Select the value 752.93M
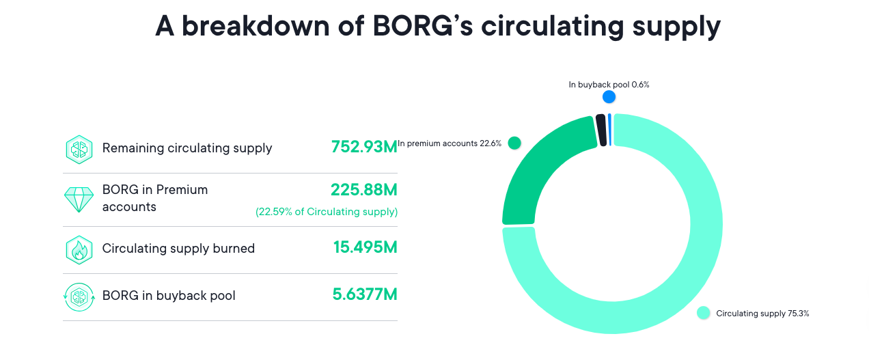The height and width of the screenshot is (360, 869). (363, 147)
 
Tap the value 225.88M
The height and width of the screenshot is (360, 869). (363, 189)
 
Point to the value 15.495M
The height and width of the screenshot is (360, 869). (365, 247)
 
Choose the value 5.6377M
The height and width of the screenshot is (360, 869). (364, 295)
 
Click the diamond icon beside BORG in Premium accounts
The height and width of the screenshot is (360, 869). (79, 198)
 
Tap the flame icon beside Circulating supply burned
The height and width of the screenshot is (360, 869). (79, 249)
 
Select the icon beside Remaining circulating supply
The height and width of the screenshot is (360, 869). (79, 148)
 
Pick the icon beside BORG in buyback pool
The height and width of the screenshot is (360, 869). (79, 296)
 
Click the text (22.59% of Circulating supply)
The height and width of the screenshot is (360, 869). (327, 212)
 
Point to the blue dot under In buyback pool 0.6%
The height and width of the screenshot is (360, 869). (609, 97)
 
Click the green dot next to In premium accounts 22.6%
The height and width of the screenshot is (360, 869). (514, 143)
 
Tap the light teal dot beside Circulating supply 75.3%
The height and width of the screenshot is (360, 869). (703, 313)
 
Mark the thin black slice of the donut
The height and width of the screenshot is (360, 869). (601, 130)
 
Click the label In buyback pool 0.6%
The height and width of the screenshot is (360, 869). (609, 85)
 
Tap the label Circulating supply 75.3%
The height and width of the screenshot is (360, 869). (762, 314)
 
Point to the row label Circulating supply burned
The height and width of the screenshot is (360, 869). (178, 249)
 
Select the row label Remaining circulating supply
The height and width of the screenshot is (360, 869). (187, 148)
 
